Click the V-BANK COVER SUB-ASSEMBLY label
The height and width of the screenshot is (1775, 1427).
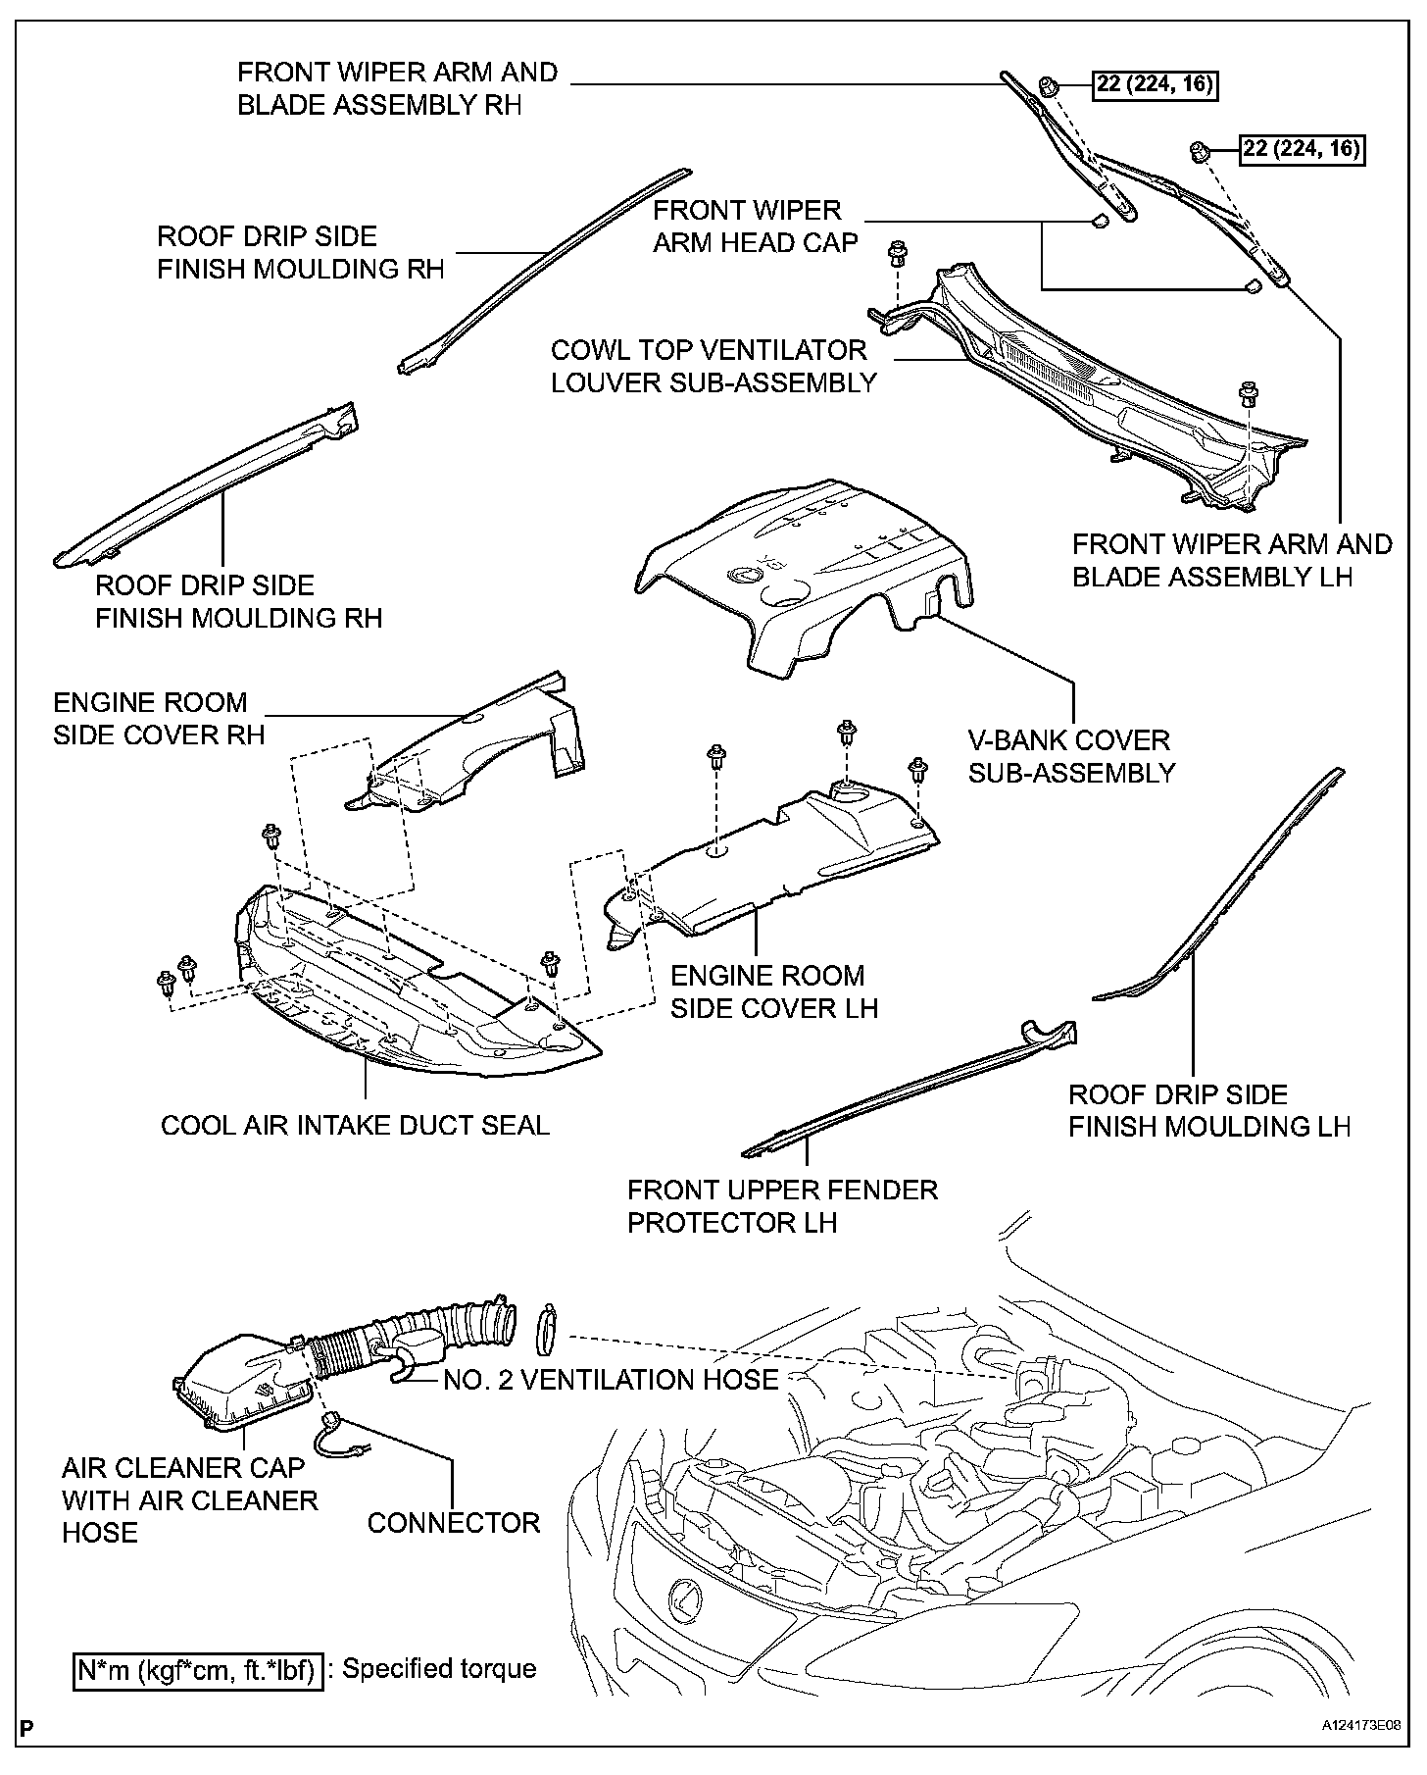tap(1071, 756)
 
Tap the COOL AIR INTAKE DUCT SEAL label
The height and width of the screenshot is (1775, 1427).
tap(355, 1124)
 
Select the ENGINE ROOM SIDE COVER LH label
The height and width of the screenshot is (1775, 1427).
tap(773, 991)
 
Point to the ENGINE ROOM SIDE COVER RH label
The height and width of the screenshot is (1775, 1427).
tap(159, 719)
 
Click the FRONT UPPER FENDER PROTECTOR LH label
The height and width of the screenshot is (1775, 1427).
tap(782, 1206)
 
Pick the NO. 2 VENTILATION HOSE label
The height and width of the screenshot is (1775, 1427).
tap(611, 1380)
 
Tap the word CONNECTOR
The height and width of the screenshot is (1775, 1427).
tap(454, 1523)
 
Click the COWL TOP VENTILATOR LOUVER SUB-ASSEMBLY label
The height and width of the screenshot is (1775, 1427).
tap(713, 366)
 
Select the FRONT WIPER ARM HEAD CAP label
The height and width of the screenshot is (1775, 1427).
tap(755, 226)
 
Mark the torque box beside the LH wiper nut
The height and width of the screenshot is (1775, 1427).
tap(1303, 149)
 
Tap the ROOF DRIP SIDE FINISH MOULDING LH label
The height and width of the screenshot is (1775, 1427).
tap(1208, 1110)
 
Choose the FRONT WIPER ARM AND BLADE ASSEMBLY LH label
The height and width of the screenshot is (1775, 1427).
tap(1231, 560)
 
